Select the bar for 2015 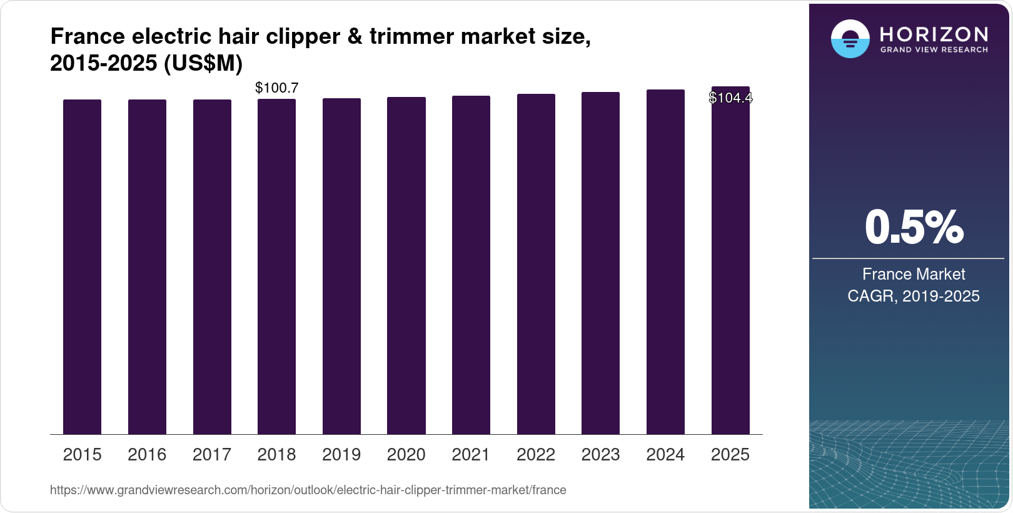tap(82, 267)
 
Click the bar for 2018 tap(276, 267)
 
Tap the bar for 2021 tap(471, 265)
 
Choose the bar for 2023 tap(600, 263)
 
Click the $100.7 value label tap(276, 88)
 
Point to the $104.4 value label tap(730, 98)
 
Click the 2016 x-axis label tap(147, 455)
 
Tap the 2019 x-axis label tap(341, 455)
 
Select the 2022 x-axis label tap(536, 455)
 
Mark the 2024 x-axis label tap(665, 455)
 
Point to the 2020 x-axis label tap(406, 455)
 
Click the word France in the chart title tap(88, 37)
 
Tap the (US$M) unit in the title tap(203, 64)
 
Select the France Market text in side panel tap(914, 274)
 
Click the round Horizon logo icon tap(850, 39)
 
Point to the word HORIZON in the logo tap(934, 34)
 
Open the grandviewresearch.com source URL tap(308, 490)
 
